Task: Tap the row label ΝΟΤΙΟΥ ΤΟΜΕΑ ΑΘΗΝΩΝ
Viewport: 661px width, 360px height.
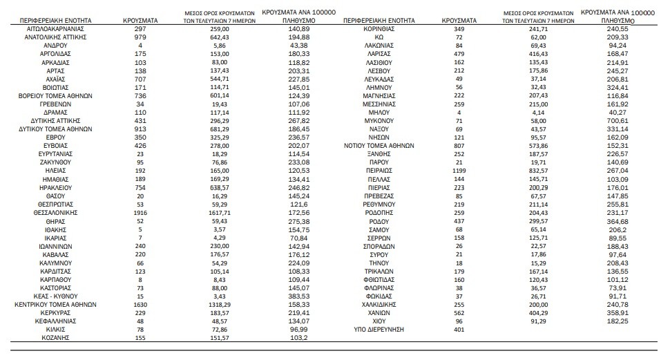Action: pyautogui.click(x=379, y=146)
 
